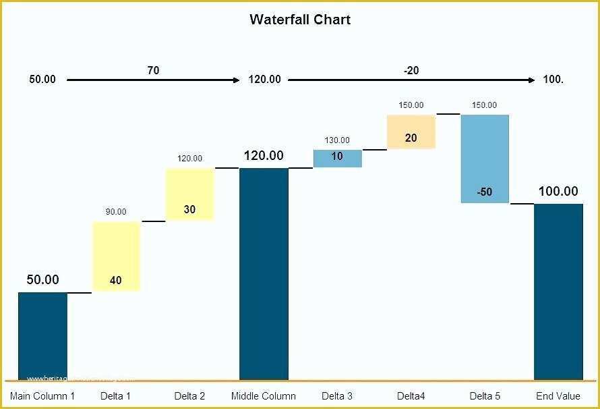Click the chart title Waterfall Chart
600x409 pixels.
tap(300, 20)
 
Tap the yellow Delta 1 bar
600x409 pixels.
tap(116, 256)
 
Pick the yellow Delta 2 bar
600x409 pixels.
tap(189, 194)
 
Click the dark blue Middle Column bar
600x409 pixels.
tap(264, 273)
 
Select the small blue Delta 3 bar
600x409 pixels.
tap(337, 158)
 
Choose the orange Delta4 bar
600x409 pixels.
tap(411, 132)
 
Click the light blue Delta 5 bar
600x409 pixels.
tap(485, 159)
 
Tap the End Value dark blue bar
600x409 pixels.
tap(558, 292)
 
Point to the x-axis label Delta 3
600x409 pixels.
tap(337, 396)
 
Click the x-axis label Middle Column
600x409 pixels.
tap(264, 396)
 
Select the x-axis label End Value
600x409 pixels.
tap(558, 396)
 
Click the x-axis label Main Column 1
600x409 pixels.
tap(42, 396)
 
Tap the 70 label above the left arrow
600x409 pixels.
tap(153, 70)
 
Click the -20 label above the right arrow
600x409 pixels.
tap(411, 70)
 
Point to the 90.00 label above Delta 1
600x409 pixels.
tap(116, 212)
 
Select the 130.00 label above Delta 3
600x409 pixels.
tap(337, 140)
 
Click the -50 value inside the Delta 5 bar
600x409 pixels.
tap(484, 192)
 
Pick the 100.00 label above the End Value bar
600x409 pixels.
tap(558, 192)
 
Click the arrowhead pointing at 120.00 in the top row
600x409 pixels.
tap(236, 80)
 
